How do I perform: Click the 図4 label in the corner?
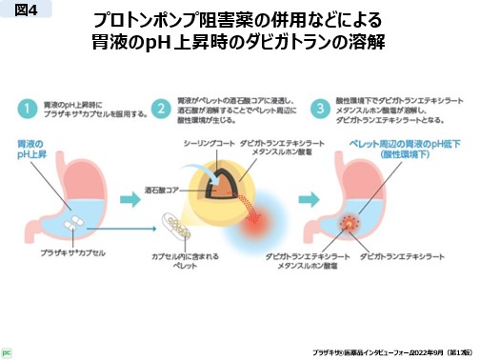(x=24, y=11)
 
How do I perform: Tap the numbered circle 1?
(x=30, y=107)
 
